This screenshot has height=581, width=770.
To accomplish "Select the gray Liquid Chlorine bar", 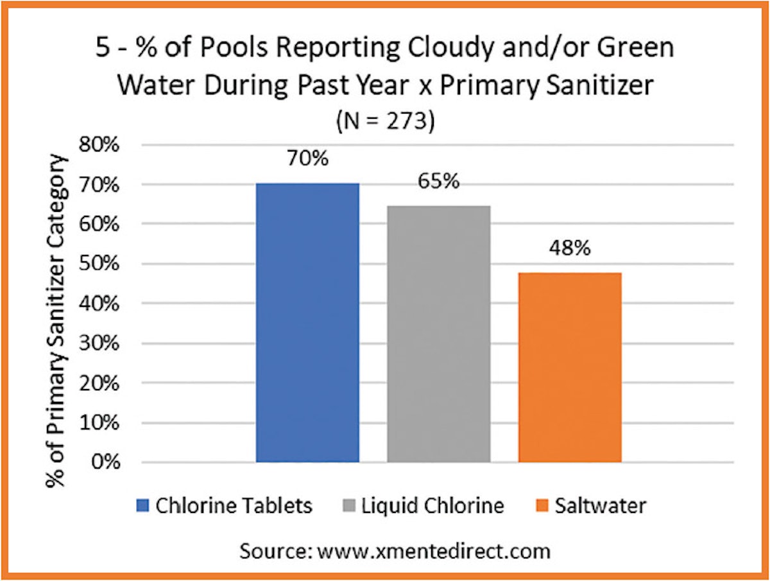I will pos(438,334).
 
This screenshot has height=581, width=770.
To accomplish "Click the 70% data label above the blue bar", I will pos(307,159).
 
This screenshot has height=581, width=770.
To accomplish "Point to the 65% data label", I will pos(438,182).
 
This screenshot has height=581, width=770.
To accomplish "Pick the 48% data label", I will pos(569,248).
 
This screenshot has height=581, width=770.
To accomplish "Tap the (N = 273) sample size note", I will pos(385,121).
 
